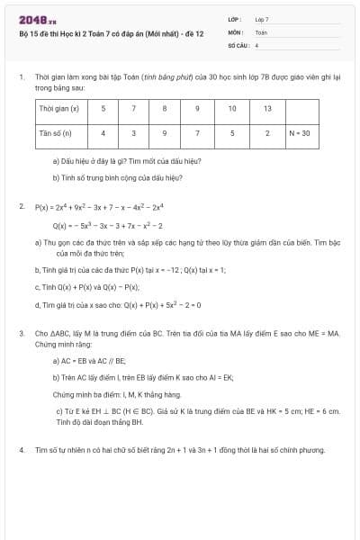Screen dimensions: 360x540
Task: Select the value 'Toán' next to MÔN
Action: (261, 31)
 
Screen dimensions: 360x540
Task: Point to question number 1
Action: (21, 78)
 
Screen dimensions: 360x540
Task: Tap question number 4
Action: (21, 448)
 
